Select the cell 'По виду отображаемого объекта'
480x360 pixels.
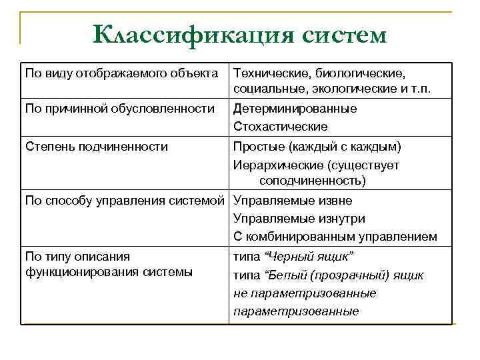click(121, 72)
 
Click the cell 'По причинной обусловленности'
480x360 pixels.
click(119, 108)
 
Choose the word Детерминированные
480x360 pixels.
click(295, 108)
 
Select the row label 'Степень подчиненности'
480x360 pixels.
click(96, 147)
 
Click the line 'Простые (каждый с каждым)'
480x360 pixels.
click(317, 147)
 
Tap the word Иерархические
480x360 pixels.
click(273, 165)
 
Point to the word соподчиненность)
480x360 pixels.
click(313, 181)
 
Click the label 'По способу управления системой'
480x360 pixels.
click(126, 201)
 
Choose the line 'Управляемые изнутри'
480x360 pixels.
click(299, 219)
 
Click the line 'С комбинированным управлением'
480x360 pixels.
click(335, 236)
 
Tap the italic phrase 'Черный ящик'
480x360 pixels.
click(309, 257)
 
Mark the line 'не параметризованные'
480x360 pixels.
click(305, 293)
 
